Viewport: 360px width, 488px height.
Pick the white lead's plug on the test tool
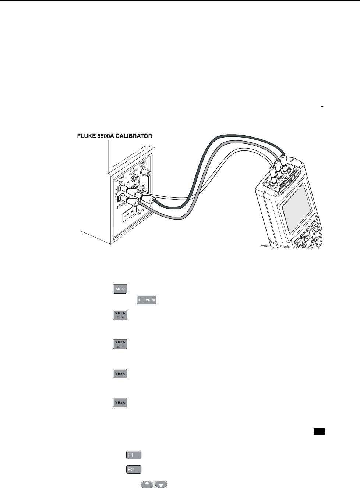(272, 171)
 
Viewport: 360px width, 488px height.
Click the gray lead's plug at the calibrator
(138, 203)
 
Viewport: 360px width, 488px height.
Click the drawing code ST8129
(265, 247)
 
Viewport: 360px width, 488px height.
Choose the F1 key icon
(134, 455)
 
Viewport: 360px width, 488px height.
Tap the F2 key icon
(134, 470)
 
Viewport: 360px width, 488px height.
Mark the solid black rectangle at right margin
(319, 432)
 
